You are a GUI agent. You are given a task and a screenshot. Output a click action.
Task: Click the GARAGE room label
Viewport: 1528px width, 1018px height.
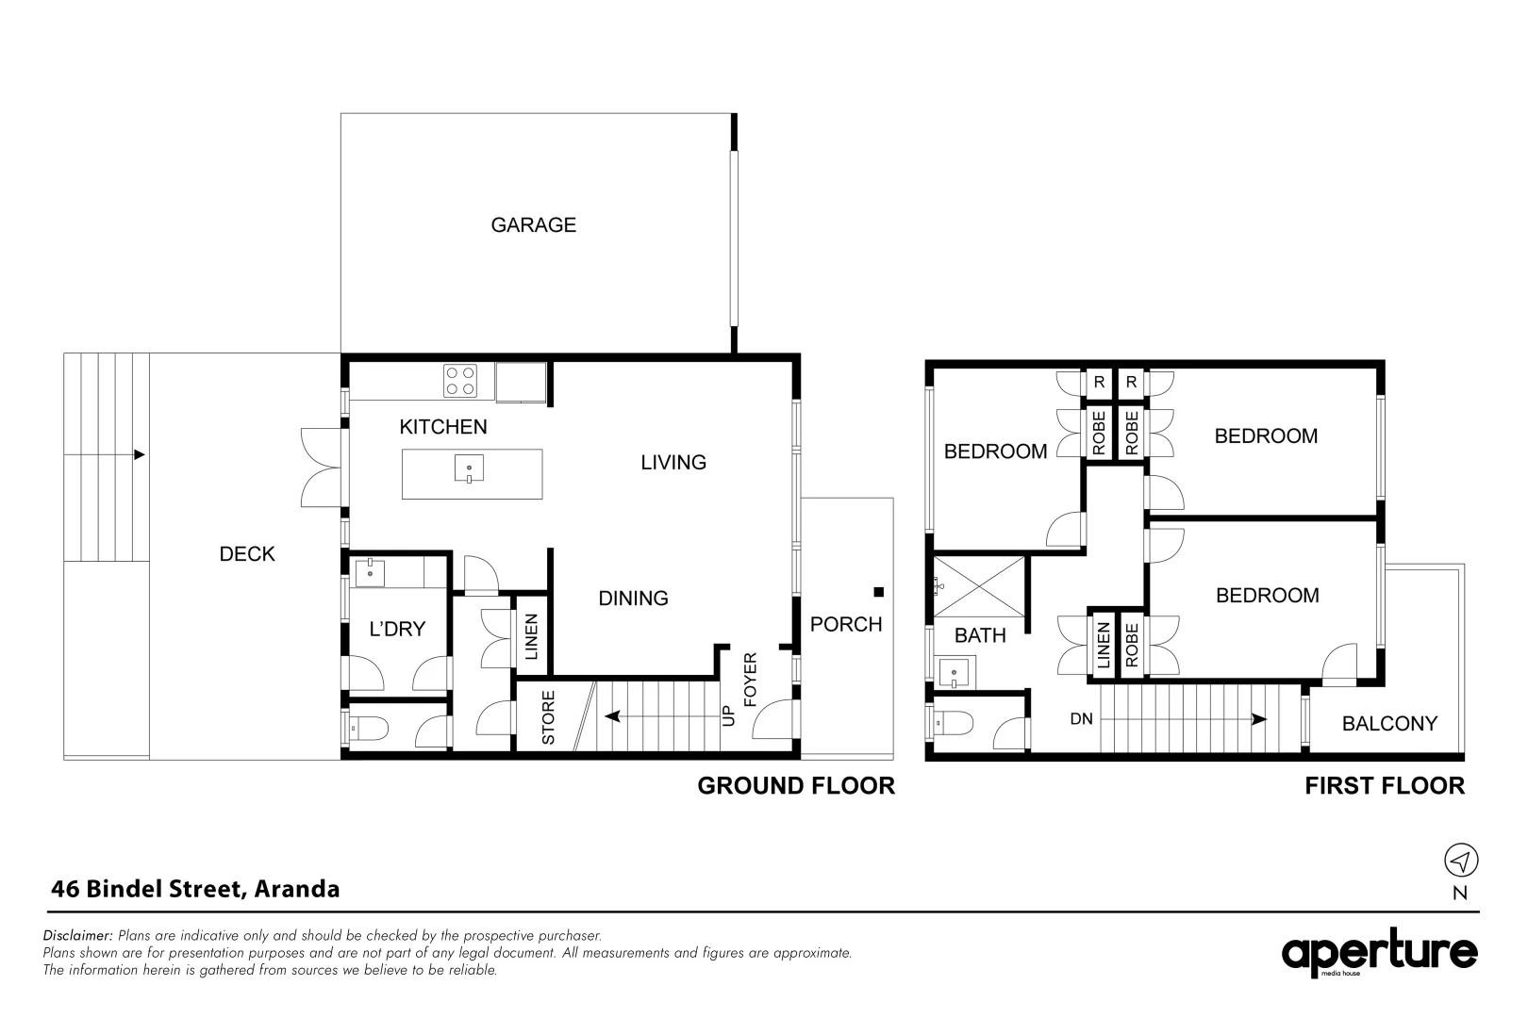coord(533,225)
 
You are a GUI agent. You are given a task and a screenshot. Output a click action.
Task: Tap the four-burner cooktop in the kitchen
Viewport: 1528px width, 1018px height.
coord(460,381)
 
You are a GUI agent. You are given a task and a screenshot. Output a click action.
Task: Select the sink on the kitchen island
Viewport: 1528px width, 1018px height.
coord(469,468)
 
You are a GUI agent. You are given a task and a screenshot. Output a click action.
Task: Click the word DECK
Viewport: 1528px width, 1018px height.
coord(247,554)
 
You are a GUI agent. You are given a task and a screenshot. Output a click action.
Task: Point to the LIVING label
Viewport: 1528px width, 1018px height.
coord(673,463)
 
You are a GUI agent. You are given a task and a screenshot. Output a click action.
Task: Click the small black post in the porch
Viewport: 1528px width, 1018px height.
coord(878,592)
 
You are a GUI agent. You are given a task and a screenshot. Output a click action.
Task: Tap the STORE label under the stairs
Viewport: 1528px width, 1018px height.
coord(549,717)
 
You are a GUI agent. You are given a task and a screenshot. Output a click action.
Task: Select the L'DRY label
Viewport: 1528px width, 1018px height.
coord(397,629)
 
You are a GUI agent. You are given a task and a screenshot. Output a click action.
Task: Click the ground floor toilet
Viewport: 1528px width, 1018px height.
coord(367,727)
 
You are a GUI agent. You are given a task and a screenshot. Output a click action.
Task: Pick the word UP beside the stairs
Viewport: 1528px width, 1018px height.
coord(727,717)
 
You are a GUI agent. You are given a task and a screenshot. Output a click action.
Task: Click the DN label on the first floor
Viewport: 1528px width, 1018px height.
coord(1081,719)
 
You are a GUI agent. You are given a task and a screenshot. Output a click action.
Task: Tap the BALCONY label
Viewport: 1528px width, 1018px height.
coord(1389,724)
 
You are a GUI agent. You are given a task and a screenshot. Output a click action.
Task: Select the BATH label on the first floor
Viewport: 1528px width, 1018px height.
coord(980,636)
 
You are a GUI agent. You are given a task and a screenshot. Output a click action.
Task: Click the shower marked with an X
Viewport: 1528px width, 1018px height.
coord(979,586)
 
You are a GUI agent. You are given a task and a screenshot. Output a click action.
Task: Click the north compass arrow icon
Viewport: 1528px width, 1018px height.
coord(1461,861)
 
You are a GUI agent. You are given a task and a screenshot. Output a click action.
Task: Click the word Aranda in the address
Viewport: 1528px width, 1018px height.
coord(297,889)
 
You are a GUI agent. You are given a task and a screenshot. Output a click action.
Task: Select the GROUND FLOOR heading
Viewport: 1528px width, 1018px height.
coord(795,786)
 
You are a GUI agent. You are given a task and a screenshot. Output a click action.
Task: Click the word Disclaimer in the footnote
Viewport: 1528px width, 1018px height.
coord(78,936)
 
